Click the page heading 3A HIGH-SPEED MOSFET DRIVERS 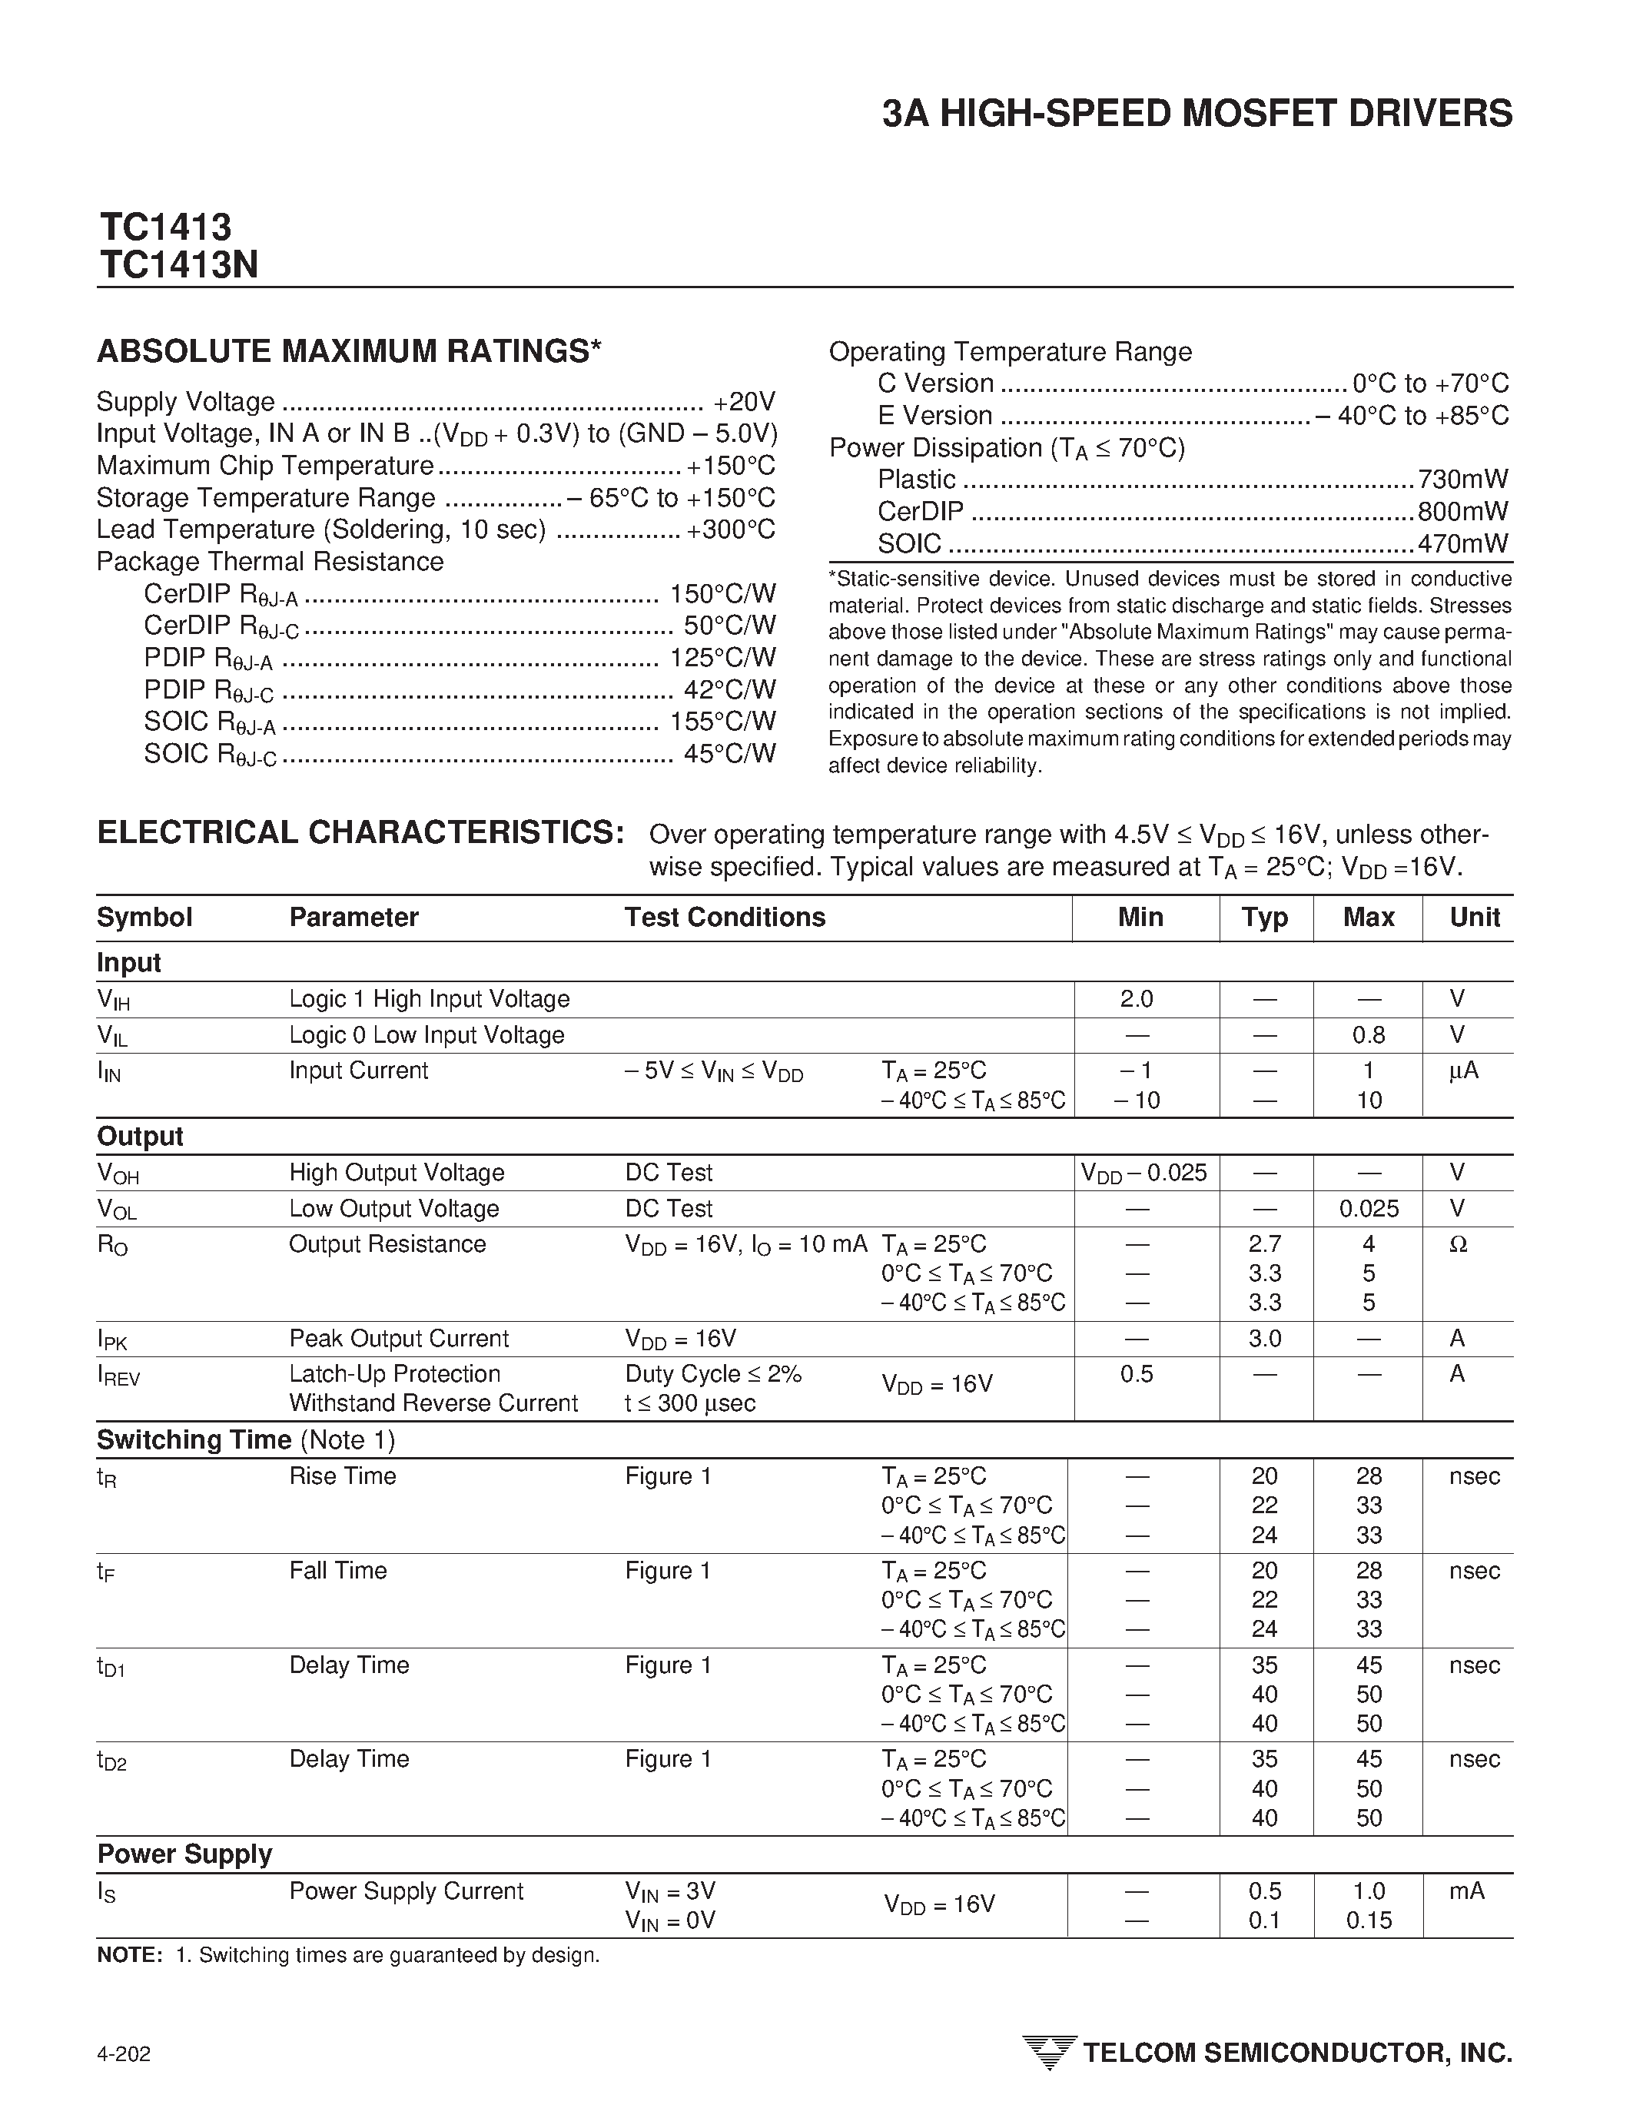coord(1197,114)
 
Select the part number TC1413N coord(178,265)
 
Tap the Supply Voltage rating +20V coord(744,401)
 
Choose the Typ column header coord(1264,918)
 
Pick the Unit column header coord(1474,918)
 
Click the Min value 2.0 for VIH coord(1136,999)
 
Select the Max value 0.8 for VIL coord(1368,1036)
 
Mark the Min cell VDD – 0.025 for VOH coord(1143,1173)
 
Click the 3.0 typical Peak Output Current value coord(1264,1339)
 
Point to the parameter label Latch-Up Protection coord(395,1374)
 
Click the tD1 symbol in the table coord(111,1667)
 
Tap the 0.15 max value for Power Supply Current coord(1369,1920)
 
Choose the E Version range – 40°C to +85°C coord(1412,416)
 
